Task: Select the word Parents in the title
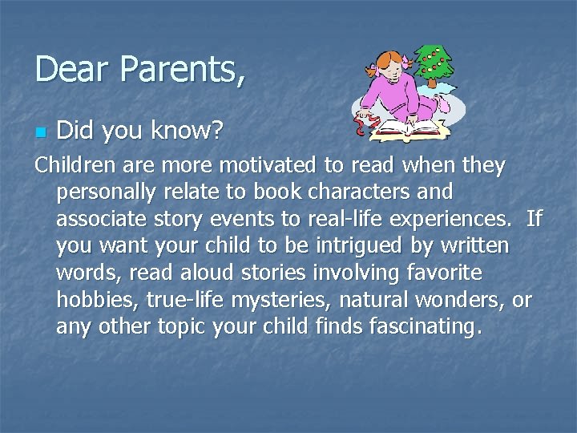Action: pyautogui.click(x=177, y=69)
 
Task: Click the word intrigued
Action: pyautogui.click(x=367, y=246)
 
